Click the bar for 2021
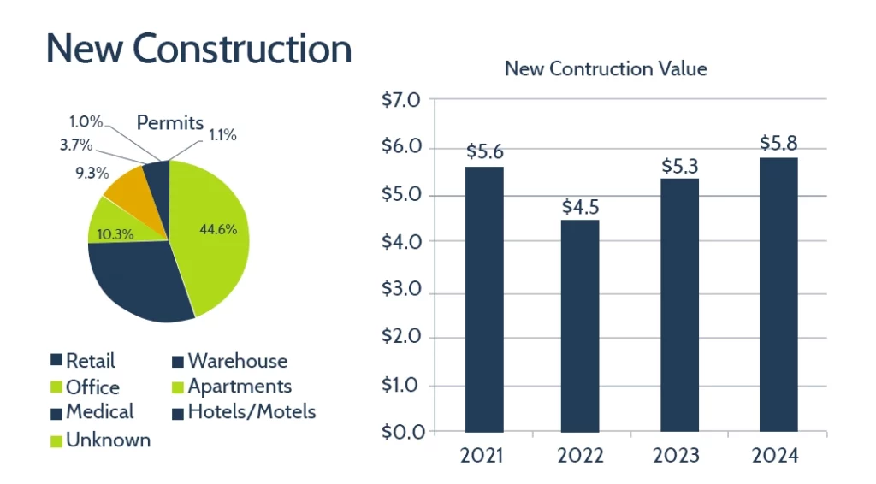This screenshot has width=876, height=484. pos(484,298)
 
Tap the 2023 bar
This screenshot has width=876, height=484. pos(679,304)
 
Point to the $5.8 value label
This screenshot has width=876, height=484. pos(778,143)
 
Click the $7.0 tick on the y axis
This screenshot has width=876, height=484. pos(402,101)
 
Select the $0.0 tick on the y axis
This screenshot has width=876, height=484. pos(402,432)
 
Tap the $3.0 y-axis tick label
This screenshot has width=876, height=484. pos(402,290)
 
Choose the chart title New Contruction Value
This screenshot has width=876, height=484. pos(606,68)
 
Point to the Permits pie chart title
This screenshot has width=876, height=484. pos(170,122)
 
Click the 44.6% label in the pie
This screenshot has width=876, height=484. pos(217,229)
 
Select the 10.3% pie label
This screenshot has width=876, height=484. pos(114,233)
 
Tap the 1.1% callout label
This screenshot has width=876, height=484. pos(222,134)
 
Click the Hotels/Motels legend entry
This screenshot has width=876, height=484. pos(243,412)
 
